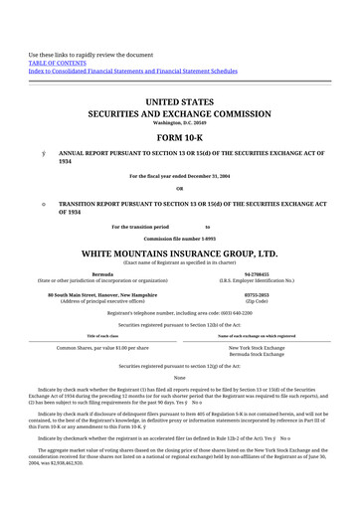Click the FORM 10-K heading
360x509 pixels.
pos(180,137)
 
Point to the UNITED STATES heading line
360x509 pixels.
pos(180,102)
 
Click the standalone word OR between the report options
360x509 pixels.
pos(180,188)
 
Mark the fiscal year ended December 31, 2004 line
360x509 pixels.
pos(180,176)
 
